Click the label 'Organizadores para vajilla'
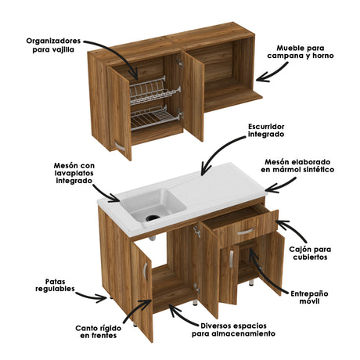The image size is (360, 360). (53, 45)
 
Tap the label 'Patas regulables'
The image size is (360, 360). (54, 284)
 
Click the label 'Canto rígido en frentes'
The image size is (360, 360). (96, 332)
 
